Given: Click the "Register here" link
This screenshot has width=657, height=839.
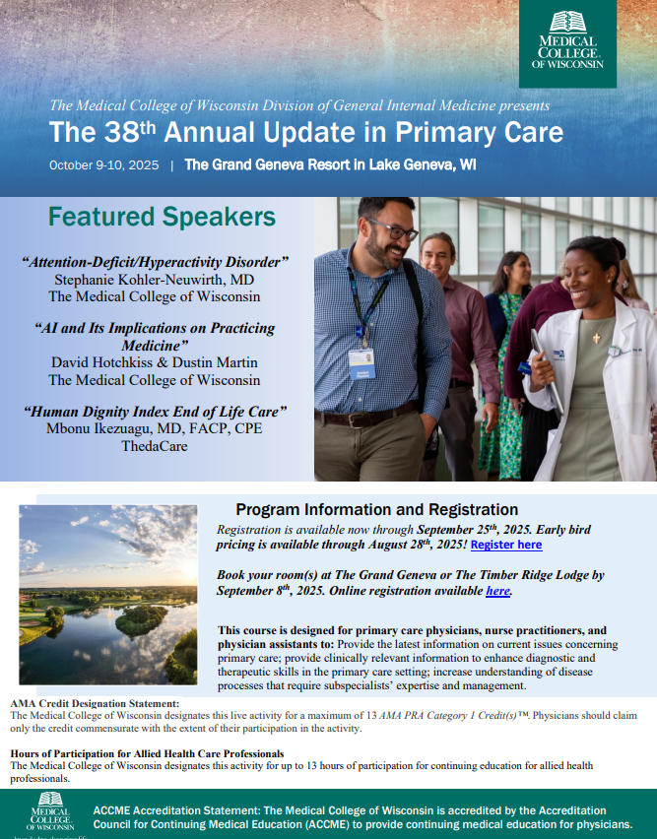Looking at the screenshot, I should click(x=505, y=545).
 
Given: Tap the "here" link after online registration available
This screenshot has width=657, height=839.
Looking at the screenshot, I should click(x=497, y=591).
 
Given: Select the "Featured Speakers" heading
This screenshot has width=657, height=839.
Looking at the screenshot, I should click(x=162, y=217).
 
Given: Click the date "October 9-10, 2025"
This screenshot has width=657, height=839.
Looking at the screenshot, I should click(x=103, y=165).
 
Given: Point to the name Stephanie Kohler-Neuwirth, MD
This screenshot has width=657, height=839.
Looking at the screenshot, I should click(x=155, y=279).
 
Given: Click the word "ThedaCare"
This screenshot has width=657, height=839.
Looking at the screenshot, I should click(x=155, y=444).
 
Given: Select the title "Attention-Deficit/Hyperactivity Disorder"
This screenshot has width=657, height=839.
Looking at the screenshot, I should click(x=155, y=262).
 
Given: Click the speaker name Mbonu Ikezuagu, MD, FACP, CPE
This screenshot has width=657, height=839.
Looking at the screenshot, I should click(x=155, y=427).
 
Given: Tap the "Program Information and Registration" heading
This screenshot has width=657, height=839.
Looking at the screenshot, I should click(x=376, y=509).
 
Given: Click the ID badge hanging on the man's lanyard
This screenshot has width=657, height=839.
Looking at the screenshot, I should click(x=361, y=362).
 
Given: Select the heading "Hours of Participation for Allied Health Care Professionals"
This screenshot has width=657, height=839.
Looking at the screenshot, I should click(x=147, y=753).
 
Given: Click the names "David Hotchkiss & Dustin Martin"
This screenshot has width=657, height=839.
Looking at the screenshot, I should click(x=155, y=362).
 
